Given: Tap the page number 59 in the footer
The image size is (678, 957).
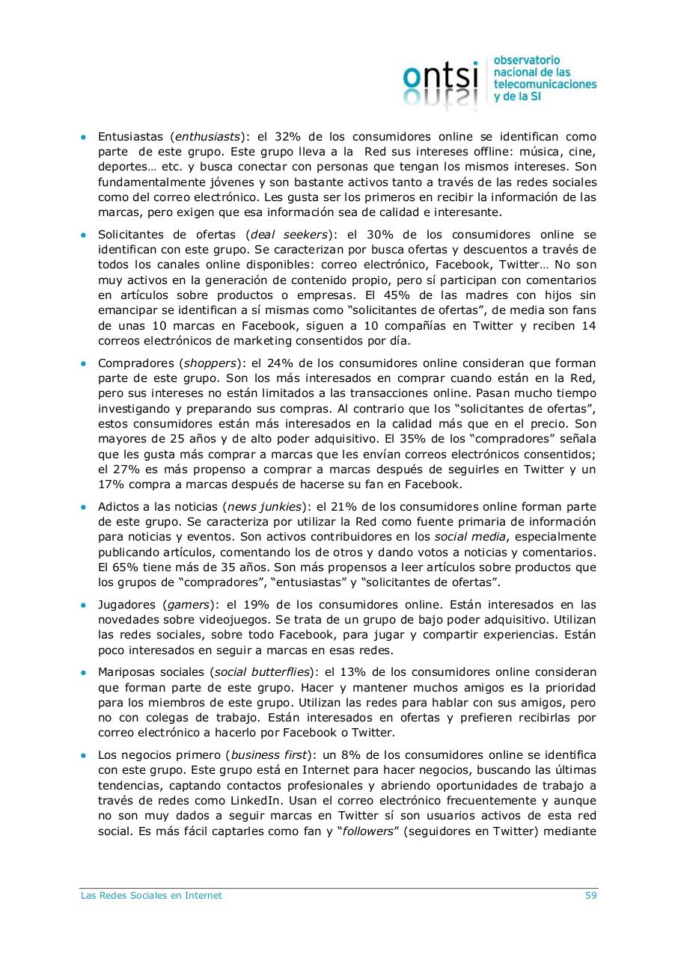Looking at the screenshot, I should click(x=590, y=895).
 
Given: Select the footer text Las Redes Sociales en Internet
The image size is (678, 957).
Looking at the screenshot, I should click(x=151, y=895).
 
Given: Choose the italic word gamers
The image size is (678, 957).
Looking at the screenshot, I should click(x=188, y=604).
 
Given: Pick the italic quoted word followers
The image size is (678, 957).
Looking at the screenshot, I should click(x=367, y=831).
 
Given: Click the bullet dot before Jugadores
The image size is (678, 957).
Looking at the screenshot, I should click(x=84, y=605).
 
